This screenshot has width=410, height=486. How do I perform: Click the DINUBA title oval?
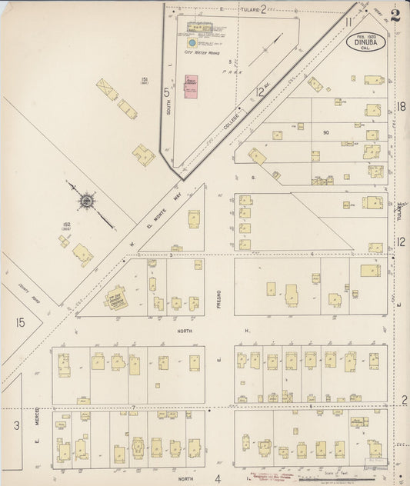pos(362,42)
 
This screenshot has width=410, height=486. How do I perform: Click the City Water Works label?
pos(202,43)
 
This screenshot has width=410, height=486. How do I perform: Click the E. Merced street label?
pos(36,419)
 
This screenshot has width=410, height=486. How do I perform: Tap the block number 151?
pos(143,80)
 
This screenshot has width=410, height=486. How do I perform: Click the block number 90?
pos(326,132)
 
